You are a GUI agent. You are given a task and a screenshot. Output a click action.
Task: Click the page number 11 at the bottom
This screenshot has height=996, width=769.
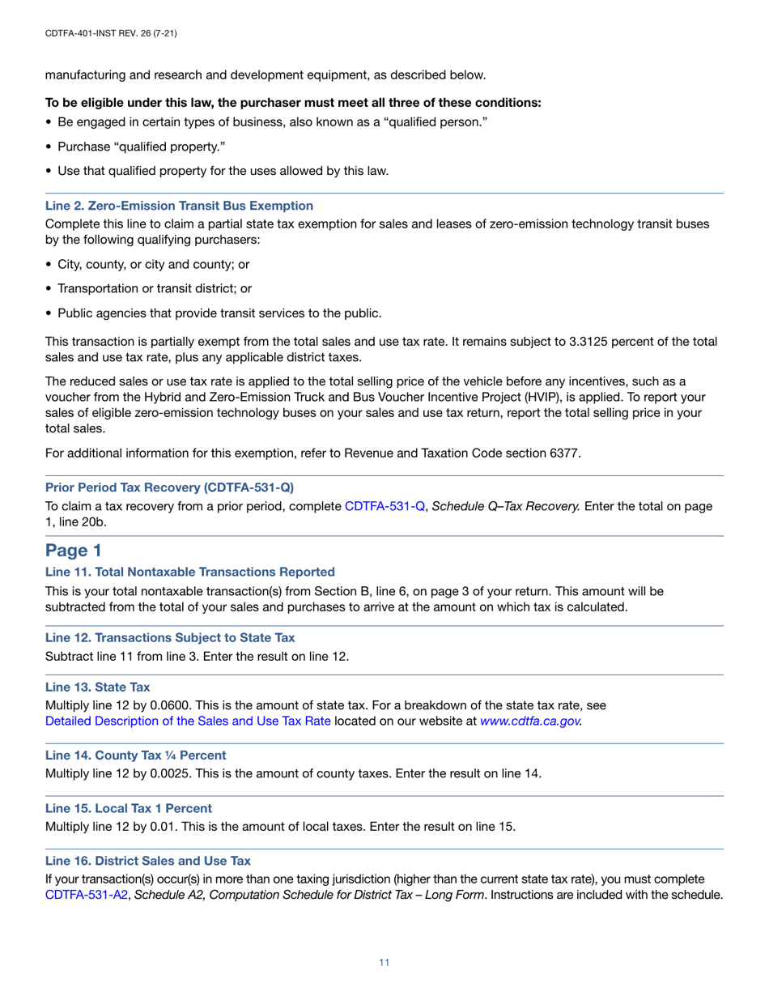pos(384,962)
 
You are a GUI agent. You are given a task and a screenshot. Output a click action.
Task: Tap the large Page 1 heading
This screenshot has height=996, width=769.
pos(73,551)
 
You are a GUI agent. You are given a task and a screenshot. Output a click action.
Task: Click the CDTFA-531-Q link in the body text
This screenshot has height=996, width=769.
pos(385,506)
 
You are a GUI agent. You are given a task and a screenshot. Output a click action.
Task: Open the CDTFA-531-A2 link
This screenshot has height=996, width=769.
pos(87,895)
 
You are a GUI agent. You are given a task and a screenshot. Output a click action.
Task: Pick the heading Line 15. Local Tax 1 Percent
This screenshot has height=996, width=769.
pos(129,808)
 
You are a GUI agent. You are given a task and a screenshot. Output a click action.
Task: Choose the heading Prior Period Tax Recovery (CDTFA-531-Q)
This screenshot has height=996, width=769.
pos(170,487)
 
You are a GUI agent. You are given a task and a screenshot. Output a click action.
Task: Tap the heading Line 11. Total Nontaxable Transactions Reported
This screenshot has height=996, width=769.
pos(189,572)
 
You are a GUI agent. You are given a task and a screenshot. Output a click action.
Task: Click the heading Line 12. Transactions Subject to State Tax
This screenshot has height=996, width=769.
pos(170,638)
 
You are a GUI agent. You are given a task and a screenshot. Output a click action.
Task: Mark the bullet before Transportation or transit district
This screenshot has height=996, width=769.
pos(49,288)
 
